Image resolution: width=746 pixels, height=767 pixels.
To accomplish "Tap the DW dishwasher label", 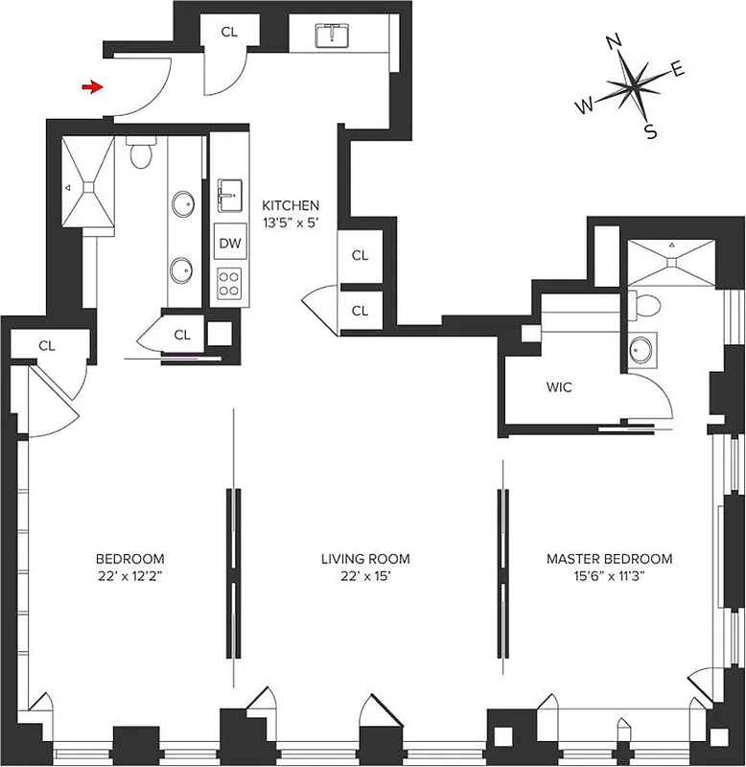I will click(x=229, y=244).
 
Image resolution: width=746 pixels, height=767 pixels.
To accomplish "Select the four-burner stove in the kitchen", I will click(x=229, y=282).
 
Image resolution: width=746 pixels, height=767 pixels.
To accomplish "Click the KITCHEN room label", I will click(x=291, y=206).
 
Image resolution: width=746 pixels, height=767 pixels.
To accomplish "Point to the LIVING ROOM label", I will click(x=364, y=558).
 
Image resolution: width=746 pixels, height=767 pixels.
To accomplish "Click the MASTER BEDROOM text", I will click(x=609, y=558).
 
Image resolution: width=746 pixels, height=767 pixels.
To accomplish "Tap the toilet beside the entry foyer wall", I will click(x=141, y=152).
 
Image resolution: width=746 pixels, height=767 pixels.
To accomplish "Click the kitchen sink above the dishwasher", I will click(x=230, y=196).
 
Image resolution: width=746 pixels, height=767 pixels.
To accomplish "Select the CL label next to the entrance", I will click(x=228, y=32).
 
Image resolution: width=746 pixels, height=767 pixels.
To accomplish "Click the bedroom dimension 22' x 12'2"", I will click(x=129, y=577).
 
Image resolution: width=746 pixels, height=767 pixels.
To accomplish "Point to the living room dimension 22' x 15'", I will click(x=364, y=577).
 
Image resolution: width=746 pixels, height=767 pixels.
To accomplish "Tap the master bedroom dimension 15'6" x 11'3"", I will click(x=609, y=577).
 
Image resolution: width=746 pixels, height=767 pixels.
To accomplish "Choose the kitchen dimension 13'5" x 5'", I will click(x=291, y=224).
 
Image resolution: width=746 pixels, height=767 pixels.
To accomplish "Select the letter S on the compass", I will click(x=651, y=133).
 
